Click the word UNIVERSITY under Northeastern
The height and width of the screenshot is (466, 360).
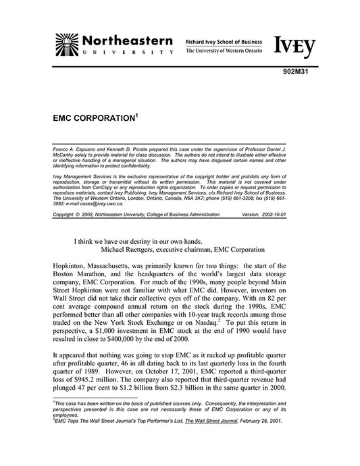click(x=125, y=53)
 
